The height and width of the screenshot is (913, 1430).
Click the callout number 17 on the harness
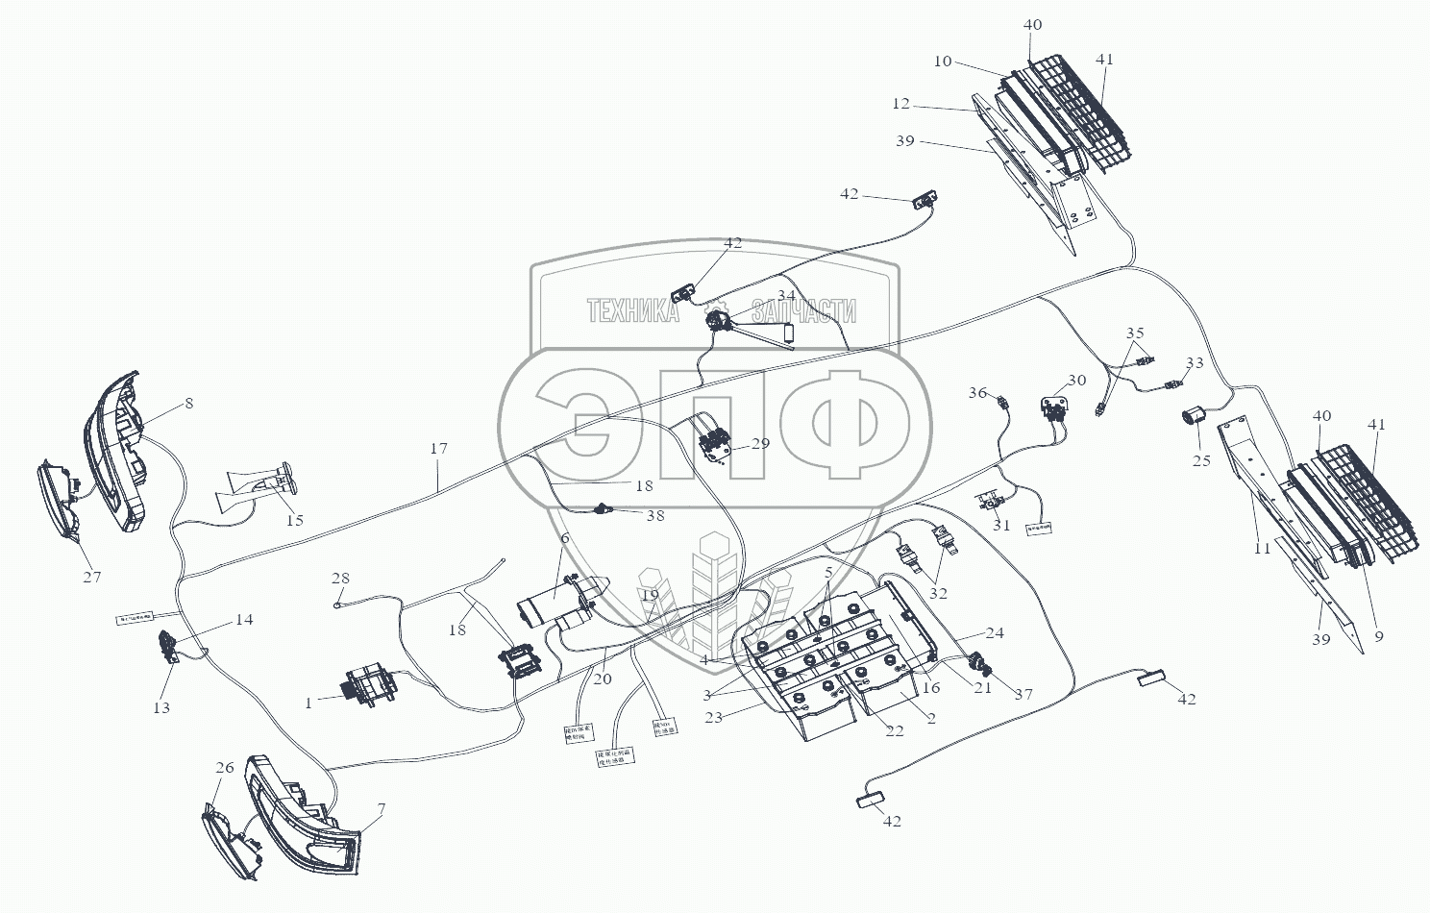pos(439,449)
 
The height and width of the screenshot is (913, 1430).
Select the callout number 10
pos(942,62)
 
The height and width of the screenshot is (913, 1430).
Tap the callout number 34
pos(786,295)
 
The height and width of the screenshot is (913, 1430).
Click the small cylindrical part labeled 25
pos(1195,418)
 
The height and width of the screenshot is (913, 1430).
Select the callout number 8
pos(188,404)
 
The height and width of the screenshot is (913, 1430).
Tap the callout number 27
pos(92,577)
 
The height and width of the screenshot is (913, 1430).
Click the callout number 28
pos(340,578)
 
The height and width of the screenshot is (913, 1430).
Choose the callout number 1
pos(308,703)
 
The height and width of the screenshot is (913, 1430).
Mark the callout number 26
pos(225,768)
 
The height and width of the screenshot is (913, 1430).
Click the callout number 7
pos(381,809)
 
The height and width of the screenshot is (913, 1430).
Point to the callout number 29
pos(761,444)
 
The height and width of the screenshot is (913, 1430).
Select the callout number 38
pos(654,515)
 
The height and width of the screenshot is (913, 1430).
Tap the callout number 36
pos(977,392)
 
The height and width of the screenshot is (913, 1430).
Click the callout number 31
pos(1002,525)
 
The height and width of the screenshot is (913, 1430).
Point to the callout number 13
pos(161,707)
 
